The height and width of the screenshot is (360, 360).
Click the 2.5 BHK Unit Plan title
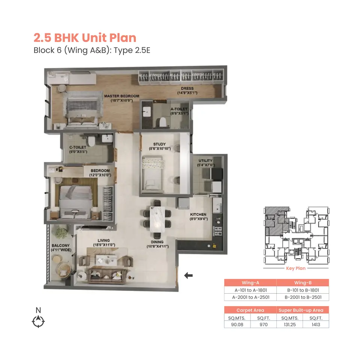click(85, 38)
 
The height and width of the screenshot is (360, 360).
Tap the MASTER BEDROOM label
click(121, 98)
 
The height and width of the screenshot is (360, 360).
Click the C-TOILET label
click(78, 150)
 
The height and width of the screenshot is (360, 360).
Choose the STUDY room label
click(159, 146)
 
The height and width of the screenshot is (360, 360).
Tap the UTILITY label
click(205, 163)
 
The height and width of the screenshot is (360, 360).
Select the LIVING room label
click(103, 243)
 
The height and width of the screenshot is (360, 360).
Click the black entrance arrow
click(188, 276)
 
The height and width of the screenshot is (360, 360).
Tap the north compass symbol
click(38, 321)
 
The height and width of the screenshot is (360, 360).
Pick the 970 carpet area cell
click(263, 324)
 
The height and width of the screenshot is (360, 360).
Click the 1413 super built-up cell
click(316, 324)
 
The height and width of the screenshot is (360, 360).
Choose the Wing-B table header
click(303, 283)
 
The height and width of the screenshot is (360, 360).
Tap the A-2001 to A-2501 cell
click(250, 297)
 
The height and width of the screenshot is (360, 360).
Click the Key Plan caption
click(296, 268)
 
